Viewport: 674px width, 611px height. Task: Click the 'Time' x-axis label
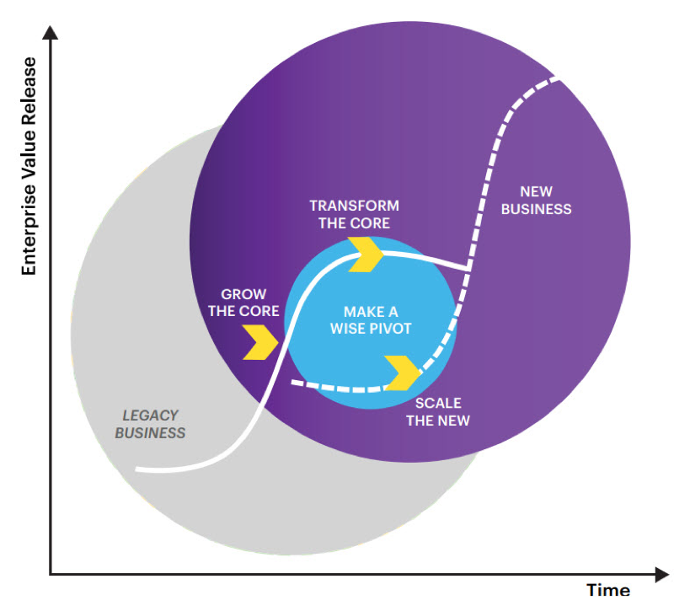click(608, 590)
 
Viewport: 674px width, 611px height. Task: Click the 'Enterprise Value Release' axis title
click(29, 166)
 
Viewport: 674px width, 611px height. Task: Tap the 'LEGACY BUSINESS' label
click(150, 424)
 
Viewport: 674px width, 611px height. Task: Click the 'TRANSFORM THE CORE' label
click(354, 214)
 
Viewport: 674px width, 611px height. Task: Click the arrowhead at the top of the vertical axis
click(51, 34)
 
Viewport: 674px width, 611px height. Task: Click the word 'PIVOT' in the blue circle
click(391, 329)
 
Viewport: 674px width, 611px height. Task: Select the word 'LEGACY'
click(150, 415)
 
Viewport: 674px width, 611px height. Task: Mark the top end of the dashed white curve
click(557, 80)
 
